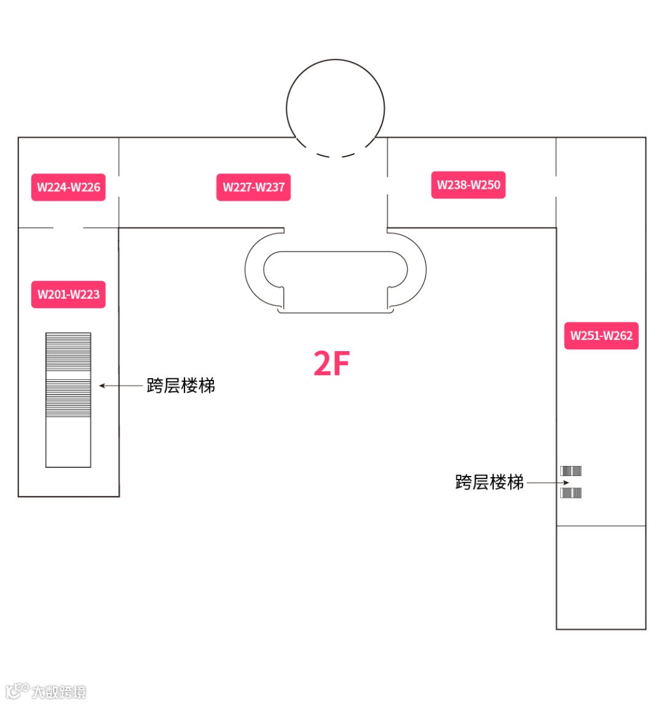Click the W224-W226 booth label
pos(68,187)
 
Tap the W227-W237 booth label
pos(253,187)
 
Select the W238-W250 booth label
pos(468,184)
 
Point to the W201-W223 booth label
pos(68,294)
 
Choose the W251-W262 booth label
pos(601,336)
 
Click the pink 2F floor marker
pos(331,363)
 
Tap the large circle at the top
pos(335,105)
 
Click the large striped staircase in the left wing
pos(68,375)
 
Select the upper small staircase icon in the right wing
pos(571,471)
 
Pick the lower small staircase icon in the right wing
pos(571,492)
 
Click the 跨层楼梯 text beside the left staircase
pos(181,386)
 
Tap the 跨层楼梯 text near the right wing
pos(489,482)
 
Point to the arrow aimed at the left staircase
pos(121,386)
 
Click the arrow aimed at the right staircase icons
pos(543,483)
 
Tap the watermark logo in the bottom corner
pos(45,691)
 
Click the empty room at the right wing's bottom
pos(601,577)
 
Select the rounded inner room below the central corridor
pos(335,280)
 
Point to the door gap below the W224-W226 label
pos(68,228)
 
